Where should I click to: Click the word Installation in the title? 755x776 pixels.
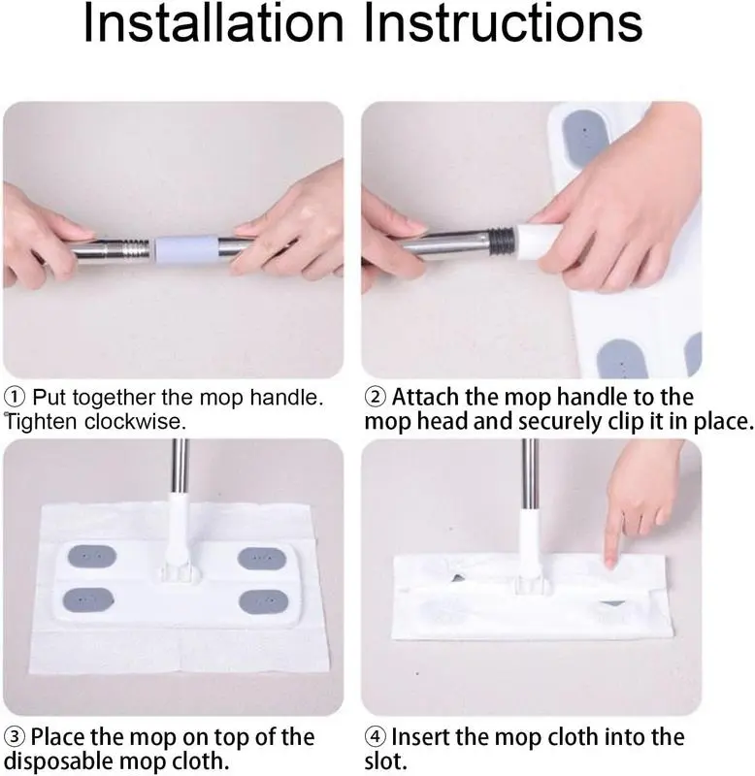pyautogui.click(x=213, y=22)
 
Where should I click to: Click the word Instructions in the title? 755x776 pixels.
pyautogui.click(x=503, y=22)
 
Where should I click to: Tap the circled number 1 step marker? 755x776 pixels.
pyautogui.click(x=15, y=397)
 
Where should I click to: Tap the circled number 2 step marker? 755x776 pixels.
pyautogui.click(x=376, y=397)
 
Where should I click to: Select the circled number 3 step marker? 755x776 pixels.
pyautogui.click(x=15, y=737)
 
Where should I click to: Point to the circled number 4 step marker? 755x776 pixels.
pyautogui.click(x=375, y=737)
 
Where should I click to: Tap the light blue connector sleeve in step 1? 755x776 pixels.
pyautogui.click(x=186, y=251)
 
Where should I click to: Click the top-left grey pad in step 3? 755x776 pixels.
pyautogui.click(x=92, y=557)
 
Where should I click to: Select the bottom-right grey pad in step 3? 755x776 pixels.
pyautogui.click(x=263, y=601)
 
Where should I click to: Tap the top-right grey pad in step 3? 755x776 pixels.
pyautogui.click(x=262, y=559)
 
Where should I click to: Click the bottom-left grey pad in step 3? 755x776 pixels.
pyautogui.click(x=88, y=599)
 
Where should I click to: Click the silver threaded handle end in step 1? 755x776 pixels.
pyautogui.click(x=130, y=249)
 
